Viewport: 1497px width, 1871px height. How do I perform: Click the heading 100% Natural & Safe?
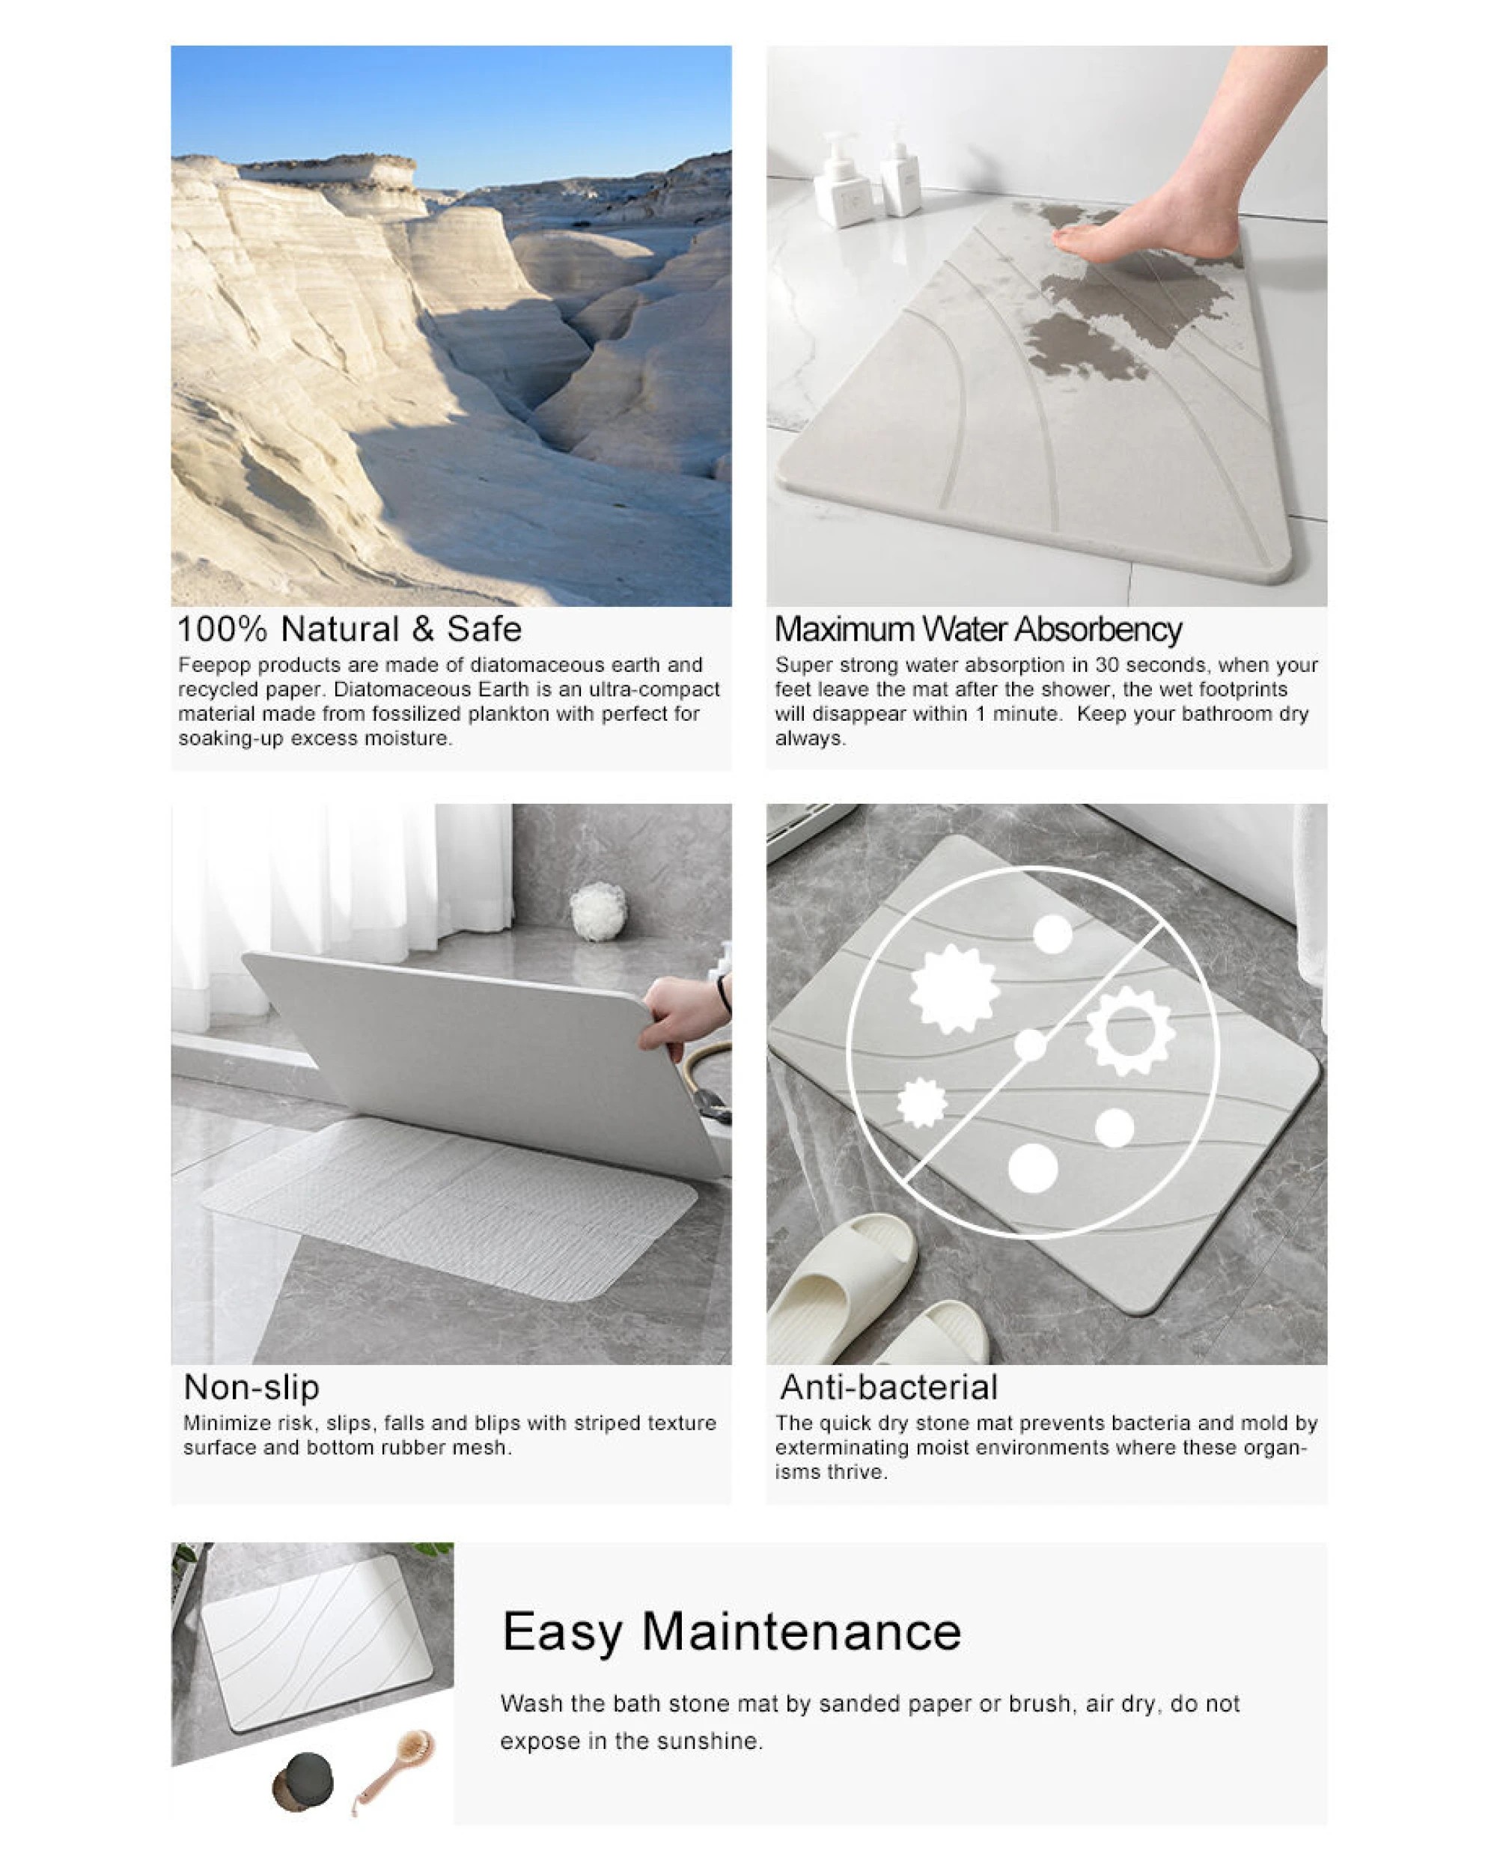[x=349, y=629]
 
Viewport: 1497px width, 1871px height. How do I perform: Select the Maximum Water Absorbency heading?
[x=978, y=629]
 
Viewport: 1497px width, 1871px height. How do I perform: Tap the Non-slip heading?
[x=251, y=1387]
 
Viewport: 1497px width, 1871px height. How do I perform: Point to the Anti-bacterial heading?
[x=888, y=1387]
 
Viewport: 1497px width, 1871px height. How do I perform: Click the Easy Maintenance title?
[x=731, y=1631]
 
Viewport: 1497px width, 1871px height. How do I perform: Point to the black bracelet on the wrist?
[x=723, y=995]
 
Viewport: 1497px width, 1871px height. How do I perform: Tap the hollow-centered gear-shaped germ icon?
[x=1131, y=1031]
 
